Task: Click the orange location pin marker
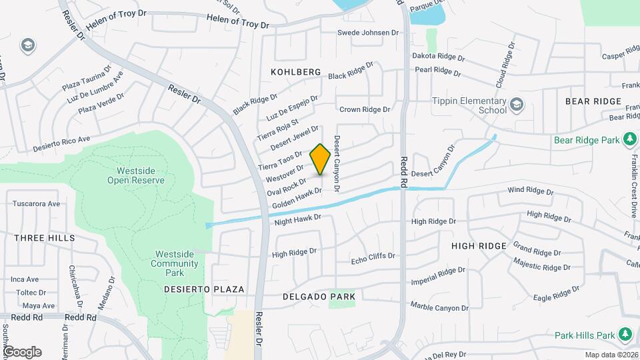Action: [320, 159]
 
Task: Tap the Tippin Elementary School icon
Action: [517, 104]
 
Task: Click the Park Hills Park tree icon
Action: [625, 333]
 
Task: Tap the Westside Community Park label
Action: [175, 259]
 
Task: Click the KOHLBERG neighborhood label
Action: [296, 71]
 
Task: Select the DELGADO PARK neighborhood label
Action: [319, 295]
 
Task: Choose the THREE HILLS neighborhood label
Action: [44, 238]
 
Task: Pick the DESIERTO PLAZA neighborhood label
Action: [204, 289]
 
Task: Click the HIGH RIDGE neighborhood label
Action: [479, 246]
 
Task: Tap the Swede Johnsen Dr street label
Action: [367, 32]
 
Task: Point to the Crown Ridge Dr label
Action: [364, 109]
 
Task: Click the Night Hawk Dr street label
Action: [297, 218]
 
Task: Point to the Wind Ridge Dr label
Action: [530, 191]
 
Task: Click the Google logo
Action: [22, 351]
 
